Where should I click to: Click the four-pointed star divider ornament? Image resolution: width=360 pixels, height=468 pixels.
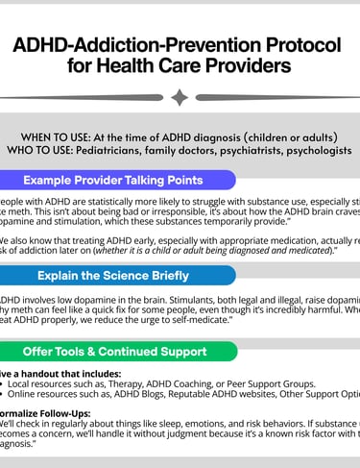pyautogui.click(x=180, y=97)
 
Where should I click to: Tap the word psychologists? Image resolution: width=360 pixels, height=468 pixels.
pyautogui.click(x=313, y=150)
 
